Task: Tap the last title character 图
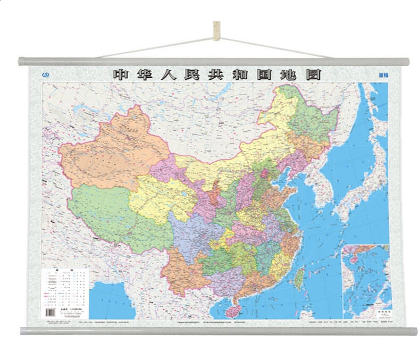[x=313, y=75]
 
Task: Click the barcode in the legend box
[x=52, y=312]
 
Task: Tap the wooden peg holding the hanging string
[x=216, y=30]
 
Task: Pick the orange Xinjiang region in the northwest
[x=112, y=154]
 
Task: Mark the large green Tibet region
[x=112, y=218]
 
